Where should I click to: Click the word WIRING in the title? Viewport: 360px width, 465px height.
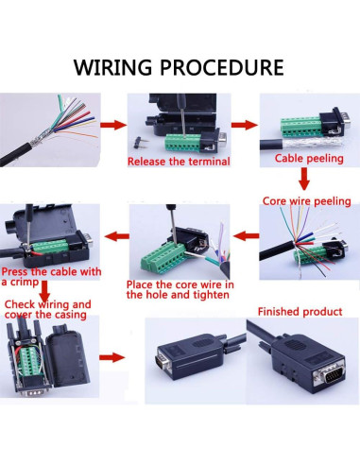pyautogui.click(x=112, y=67)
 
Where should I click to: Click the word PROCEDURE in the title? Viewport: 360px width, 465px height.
pyautogui.click(x=222, y=67)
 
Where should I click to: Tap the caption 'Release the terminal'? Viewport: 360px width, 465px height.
pyautogui.click(x=179, y=162)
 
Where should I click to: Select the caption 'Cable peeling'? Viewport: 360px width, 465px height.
pyautogui.click(x=309, y=158)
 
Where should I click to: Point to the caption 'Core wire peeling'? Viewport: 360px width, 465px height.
pyautogui.click(x=307, y=201)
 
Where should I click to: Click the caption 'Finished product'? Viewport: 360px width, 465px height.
pyautogui.click(x=300, y=312)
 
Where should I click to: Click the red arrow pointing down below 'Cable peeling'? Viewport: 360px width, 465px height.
pyautogui.click(x=304, y=179)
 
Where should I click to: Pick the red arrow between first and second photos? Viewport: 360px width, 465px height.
pyautogui.click(x=113, y=125)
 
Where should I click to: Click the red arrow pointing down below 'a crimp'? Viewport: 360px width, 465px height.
pyautogui.click(x=44, y=291)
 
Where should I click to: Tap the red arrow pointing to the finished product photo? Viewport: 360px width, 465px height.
pyautogui.click(x=112, y=357)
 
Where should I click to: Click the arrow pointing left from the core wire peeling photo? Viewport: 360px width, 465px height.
pyautogui.click(x=246, y=235)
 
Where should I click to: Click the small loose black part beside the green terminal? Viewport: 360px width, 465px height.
pyautogui.click(x=139, y=143)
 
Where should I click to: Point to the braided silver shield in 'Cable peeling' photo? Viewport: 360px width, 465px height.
pyautogui.click(x=312, y=143)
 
